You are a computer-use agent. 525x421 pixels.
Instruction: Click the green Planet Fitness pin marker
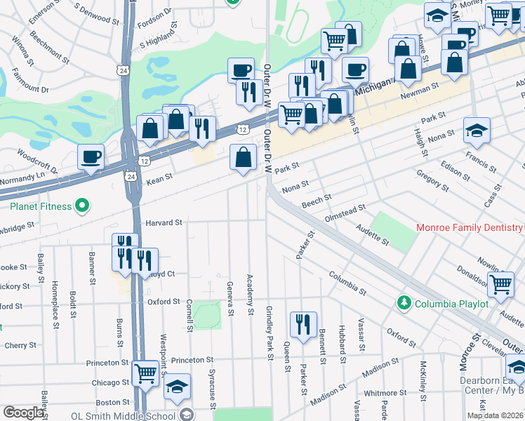(82, 206)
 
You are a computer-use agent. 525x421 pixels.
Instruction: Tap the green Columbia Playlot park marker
(404, 303)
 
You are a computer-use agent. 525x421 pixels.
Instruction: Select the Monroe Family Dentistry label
(469, 227)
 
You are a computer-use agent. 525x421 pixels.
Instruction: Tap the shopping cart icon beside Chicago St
(145, 373)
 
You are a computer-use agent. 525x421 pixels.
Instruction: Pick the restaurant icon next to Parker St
(303, 324)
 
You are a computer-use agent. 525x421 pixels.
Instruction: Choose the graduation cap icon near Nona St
(477, 130)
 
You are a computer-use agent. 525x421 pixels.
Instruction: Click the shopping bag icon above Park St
(243, 157)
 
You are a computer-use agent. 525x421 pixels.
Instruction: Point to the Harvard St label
(164, 222)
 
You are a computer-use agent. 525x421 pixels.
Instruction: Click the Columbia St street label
(347, 283)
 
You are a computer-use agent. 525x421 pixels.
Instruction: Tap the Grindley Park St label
(269, 333)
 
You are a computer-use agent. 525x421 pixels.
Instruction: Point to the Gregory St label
(432, 179)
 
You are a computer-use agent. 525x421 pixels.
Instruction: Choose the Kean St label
(159, 180)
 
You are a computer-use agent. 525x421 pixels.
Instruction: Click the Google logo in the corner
(23, 413)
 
